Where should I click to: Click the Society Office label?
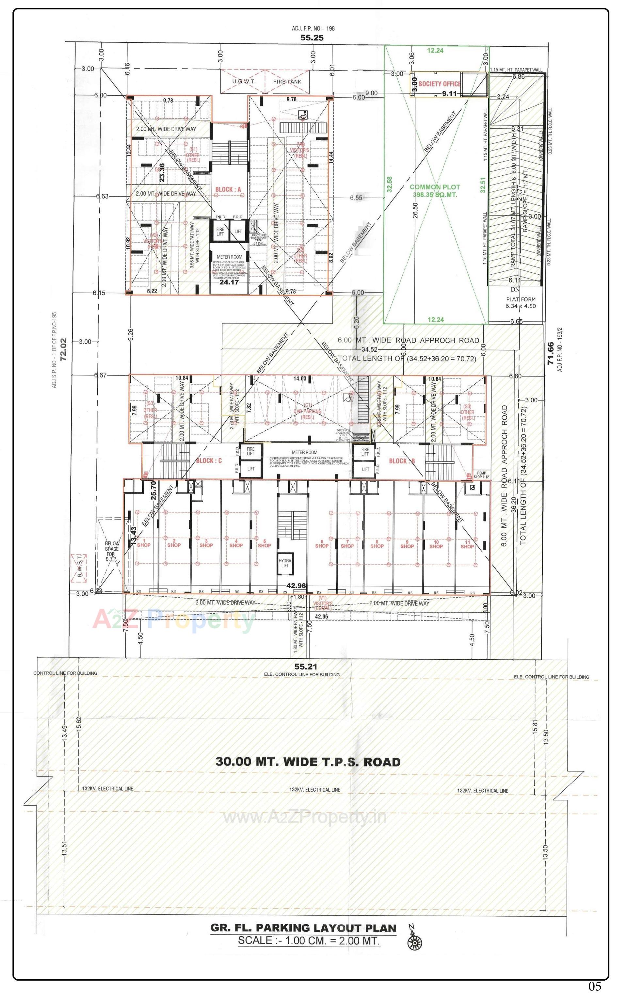tap(439, 84)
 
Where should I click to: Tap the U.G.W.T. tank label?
tap(244, 82)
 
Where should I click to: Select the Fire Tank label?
tap(287, 82)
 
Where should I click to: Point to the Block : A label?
tap(228, 189)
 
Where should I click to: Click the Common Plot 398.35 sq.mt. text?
tap(435, 191)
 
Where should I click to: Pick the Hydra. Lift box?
tap(284, 563)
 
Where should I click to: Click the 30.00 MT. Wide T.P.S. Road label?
tap(308, 762)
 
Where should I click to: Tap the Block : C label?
tap(209, 460)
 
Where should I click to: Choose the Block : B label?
tap(402, 461)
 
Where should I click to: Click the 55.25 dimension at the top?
tap(312, 38)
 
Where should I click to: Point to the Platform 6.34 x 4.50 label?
tap(521, 302)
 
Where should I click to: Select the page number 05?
tap(595, 986)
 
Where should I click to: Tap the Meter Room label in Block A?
tap(230, 257)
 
